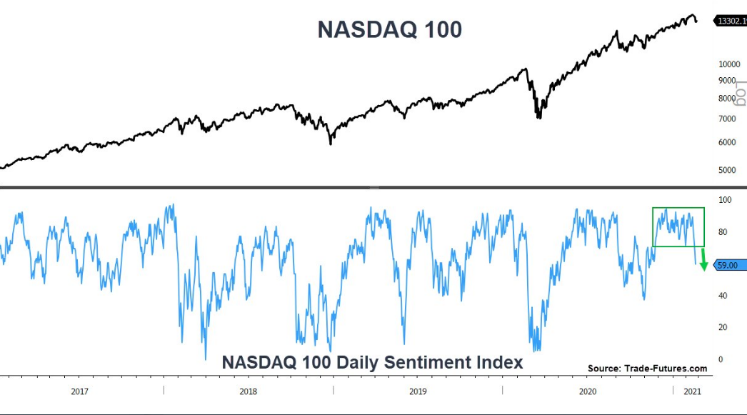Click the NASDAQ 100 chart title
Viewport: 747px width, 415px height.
389,29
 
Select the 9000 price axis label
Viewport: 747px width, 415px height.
727,81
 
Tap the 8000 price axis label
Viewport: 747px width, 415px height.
727,99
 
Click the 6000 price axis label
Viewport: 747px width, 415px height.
727,142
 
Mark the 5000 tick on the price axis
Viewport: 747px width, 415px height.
727,170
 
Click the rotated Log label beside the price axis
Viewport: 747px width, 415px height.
742,92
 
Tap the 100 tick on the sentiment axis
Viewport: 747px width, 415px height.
723,200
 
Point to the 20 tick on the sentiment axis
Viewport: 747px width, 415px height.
721,327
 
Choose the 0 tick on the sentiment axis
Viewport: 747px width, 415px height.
720,359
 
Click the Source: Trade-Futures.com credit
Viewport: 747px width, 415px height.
647,369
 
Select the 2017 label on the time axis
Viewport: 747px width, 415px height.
80,391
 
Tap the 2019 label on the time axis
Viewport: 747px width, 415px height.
418,391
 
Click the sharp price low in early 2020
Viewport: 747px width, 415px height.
539,116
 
